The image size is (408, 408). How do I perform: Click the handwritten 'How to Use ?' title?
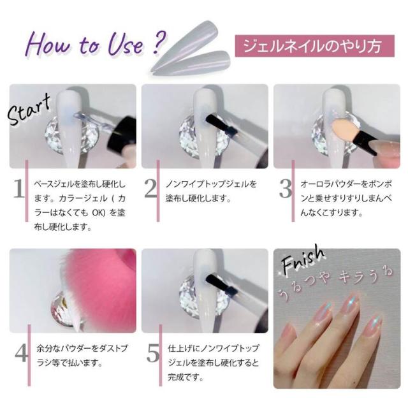[96, 44]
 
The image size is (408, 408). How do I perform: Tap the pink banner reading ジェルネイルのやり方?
[314, 46]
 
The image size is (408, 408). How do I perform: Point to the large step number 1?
[18, 189]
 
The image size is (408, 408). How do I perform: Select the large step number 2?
[150, 189]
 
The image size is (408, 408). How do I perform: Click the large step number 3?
[286, 189]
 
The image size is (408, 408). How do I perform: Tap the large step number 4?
[21, 353]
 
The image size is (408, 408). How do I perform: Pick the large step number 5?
[153, 353]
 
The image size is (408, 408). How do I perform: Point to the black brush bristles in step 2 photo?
[217, 122]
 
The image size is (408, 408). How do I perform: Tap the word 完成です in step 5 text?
[186, 377]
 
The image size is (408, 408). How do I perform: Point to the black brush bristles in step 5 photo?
[217, 282]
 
